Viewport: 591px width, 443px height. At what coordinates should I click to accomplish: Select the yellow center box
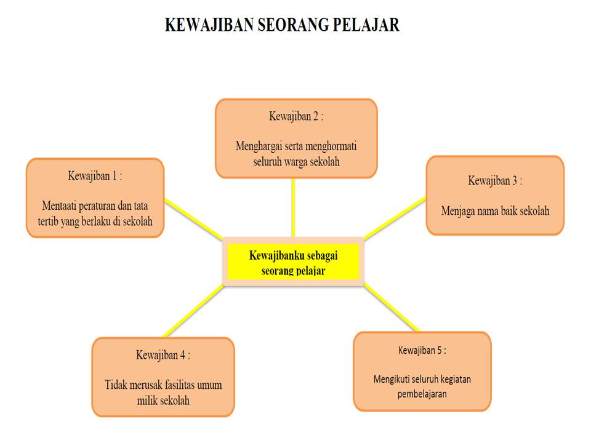click(x=293, y=261)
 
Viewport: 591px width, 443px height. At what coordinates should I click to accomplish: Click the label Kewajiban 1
click(x=95, y=175)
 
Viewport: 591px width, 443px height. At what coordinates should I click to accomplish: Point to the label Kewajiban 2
click(x=295, y=116)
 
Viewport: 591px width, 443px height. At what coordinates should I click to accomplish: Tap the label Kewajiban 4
click(x=163, y=355)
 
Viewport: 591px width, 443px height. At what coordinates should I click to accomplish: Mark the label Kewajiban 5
click(x=422, y=351)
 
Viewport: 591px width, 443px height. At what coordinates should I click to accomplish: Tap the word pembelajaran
click(x=422, y=394)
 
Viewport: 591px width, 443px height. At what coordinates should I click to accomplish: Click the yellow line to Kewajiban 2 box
click(x=293, y=207)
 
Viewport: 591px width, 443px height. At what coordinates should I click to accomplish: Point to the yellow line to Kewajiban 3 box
click(x=394, y=217)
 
